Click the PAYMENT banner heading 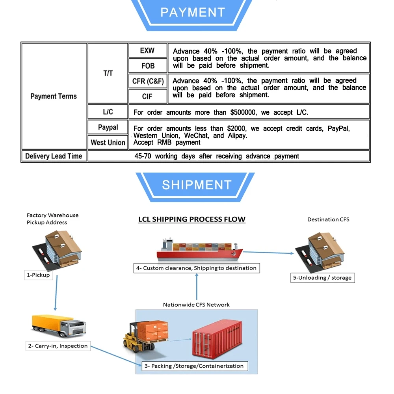click(x=193, y=12)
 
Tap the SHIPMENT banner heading click(x=197, y=185)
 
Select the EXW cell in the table click(x=147, y=50)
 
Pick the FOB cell click(x=147, y=65)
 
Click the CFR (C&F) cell click(x=147, y=81)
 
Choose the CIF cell click(x=147, y=96)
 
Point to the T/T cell click(x=108, y=73)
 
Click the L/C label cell click(x=108, y=112)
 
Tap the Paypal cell click(x=108, y=127)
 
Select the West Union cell click(x=108, y=143)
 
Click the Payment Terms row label click(x=54, y=96)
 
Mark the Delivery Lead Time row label click(x=54, y=156)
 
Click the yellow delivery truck click(x=59, y=325)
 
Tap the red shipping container click(x=217, y=339)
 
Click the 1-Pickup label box click(x=39, y=275)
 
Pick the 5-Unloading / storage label click(x=322, y=278)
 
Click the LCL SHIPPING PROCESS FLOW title click(x=192, y=219)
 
